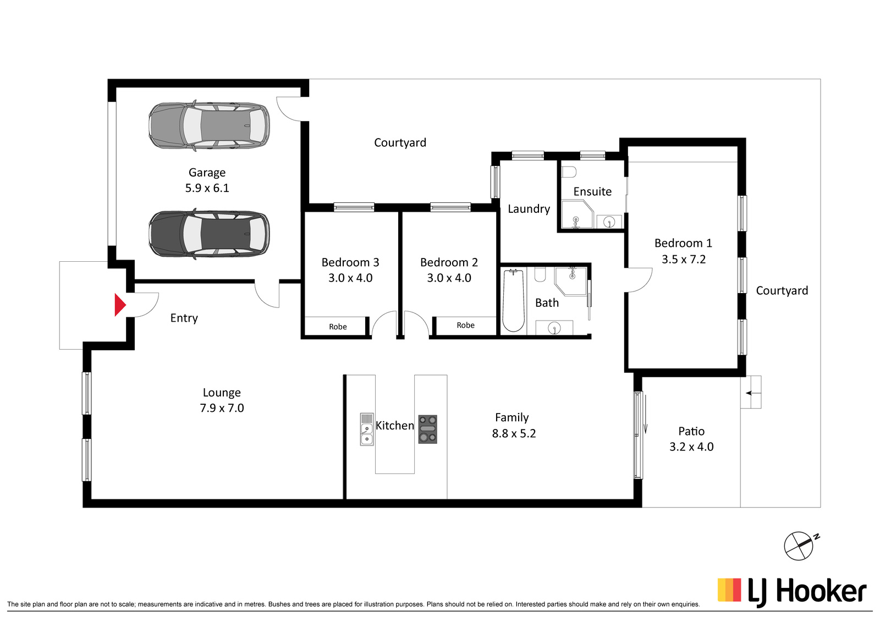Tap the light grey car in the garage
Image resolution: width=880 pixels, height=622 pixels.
[x=209, y=126]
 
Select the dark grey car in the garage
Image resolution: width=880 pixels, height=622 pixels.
[x=209, y=234]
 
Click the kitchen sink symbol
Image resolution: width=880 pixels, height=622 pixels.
[x=367, y=429]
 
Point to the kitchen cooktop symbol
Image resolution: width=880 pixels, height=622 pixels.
[x=427, y=430]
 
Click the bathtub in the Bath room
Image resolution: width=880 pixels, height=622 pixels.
[x=514, y=301]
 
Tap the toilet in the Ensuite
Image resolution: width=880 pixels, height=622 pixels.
[x=569, y=172]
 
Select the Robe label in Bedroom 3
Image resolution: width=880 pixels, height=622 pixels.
[x=338, y=327]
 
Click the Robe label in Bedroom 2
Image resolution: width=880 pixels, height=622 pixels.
[x=465, y=325]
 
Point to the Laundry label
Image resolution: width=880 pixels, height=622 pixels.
[x=529, y=208]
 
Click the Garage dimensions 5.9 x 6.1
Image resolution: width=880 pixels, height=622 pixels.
[x=207, y=188]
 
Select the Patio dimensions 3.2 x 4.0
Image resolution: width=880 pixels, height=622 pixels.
[x=691, y=447]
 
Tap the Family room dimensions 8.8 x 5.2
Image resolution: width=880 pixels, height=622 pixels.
[x=514, y=433]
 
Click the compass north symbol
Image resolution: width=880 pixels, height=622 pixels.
[x=800, y=546]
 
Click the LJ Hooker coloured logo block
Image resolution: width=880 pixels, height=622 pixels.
[x=729, y=590]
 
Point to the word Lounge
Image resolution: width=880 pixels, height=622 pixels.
[x=222, y=393]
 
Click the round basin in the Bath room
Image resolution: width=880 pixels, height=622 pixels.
[x=554, y=328]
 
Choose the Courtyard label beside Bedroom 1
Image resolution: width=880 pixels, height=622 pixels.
[x=782, y=291]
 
